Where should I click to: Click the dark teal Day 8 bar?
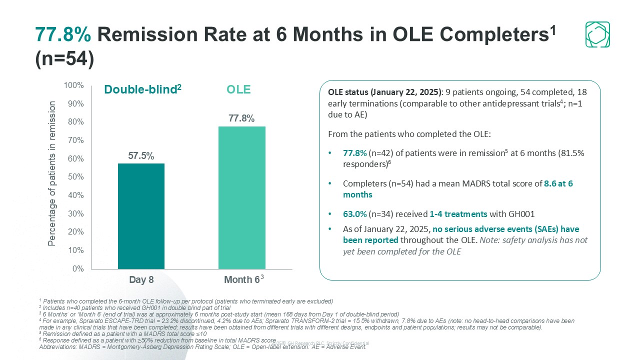pyautogui.click(x=141, y=216)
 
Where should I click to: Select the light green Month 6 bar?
pyautogui.click(x=241, y=197)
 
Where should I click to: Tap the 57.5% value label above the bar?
pyautogui.click(x=141, y=155)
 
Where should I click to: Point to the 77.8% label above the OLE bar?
pyautogui.click(x=241, y=118)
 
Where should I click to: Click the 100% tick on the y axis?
pyautogui.click(x=74, y=85)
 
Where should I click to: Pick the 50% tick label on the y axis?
pyautogui.click(x=75, y=177)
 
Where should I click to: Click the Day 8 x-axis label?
pyautogui.click(x=141, y=280)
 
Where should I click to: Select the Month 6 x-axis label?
pyautogui.click(x=240, y=280)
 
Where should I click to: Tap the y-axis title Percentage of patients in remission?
pyautogui.click(x=52, y=173)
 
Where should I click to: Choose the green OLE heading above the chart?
pyautogui.click(x=238, y=89)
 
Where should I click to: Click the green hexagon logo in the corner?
pyautogui.click(x=597, y=34)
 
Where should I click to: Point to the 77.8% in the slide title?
pyautogui.click(x=63, y=34)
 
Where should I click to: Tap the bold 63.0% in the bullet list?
pyautogui.click(x=354, y=214)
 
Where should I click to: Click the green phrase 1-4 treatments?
pyautogui.click(x=458, y=214)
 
